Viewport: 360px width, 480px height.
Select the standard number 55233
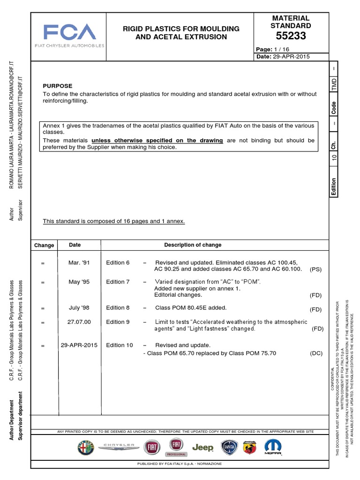[x=291, y=36]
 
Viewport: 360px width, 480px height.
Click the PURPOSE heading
[x=58, y=86]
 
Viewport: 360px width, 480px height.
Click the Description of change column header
[x=193, y=245]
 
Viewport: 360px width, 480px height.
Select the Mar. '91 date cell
[x=79, y=262]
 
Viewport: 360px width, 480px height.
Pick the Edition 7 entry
[x=118, y=282]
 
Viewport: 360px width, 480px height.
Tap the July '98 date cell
[x=79, y=307]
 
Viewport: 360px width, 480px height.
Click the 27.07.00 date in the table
[x=79, y=322]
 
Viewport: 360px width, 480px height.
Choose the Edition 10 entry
[x=119, y=345]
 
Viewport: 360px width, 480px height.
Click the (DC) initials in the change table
[x=316, y=352]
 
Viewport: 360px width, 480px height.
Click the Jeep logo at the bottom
[x=202, y=448]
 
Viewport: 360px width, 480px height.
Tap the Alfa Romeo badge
[x=86, y=448]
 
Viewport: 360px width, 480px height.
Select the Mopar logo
[x=273, y=447]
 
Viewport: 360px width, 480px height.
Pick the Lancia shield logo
[x=229, y=448]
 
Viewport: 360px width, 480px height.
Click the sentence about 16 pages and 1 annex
[x=114, y=221]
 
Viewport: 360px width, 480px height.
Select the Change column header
[x=44, y=245]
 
